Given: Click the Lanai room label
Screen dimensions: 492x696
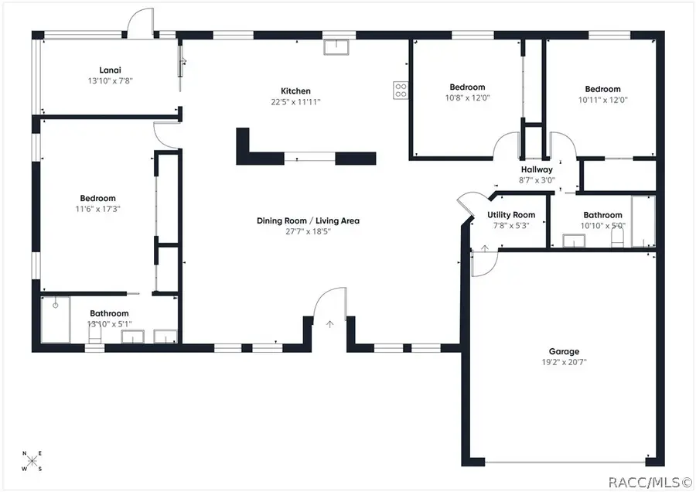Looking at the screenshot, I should click(107, 68).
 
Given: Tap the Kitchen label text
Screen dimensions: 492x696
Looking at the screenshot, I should click(295, 91).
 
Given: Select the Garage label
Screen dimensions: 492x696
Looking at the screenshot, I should click(565, 351).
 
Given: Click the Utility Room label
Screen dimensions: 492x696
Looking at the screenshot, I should click(511, 215).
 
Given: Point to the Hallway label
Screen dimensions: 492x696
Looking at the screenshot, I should click(537, 169).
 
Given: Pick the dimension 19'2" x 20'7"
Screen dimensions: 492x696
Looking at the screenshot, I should click(565, 362).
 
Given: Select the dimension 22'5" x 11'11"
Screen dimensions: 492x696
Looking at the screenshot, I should click(295, 101).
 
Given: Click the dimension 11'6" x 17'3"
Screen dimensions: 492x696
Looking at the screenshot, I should click(97, 209).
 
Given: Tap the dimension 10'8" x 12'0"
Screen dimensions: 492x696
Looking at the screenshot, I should click(467, 98).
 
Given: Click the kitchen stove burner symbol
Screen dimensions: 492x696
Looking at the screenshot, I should click(401, 90).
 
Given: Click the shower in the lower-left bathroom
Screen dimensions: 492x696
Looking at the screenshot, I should click(56, 319).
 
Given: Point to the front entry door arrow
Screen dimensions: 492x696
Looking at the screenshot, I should click(330, 323).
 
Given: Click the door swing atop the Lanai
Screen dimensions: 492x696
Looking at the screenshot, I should click(141, 22).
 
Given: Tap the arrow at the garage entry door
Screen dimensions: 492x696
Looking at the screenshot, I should click(485, 248).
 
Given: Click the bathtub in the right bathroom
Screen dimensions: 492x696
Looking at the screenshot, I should click(643, 221).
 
